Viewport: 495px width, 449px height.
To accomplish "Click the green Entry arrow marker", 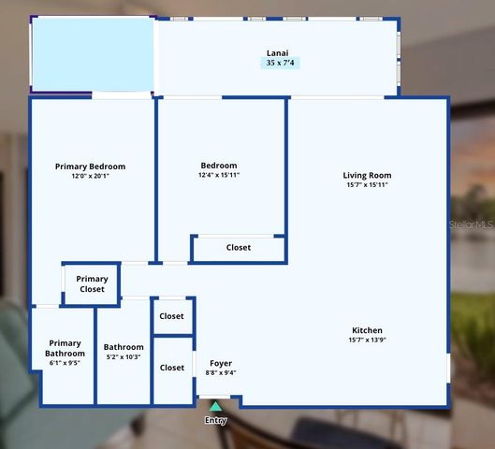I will point(215,406).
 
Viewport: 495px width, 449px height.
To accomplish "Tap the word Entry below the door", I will point(215,421).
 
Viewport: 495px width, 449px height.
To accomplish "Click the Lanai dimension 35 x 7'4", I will point(280,64).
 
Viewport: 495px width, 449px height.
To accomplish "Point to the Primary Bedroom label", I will point(90,167).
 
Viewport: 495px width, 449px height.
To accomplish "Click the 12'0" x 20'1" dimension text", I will point(90,177).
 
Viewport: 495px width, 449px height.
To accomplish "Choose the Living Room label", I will point(367,175).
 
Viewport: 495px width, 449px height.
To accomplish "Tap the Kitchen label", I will point(367,330).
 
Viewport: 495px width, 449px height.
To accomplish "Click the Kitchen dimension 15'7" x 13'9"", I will point(367,340).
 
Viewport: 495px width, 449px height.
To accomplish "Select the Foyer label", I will point(220,363).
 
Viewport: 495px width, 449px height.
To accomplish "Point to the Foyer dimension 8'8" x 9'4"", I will point(220,373).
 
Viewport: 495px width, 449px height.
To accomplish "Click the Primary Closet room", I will point(92,284).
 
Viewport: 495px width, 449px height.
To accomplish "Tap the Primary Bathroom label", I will point(66,348).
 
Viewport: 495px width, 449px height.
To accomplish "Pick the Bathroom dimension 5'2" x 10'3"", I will point(124,357).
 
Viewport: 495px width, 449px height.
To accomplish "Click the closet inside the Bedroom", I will point(239,248).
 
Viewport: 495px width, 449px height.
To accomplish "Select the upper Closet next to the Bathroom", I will point(172,316).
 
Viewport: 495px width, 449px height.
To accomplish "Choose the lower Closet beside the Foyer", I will point(172,368).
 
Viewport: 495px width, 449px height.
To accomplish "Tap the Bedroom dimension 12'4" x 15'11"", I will point(219,176).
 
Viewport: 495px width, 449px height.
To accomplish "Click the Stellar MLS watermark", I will point(472,225).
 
